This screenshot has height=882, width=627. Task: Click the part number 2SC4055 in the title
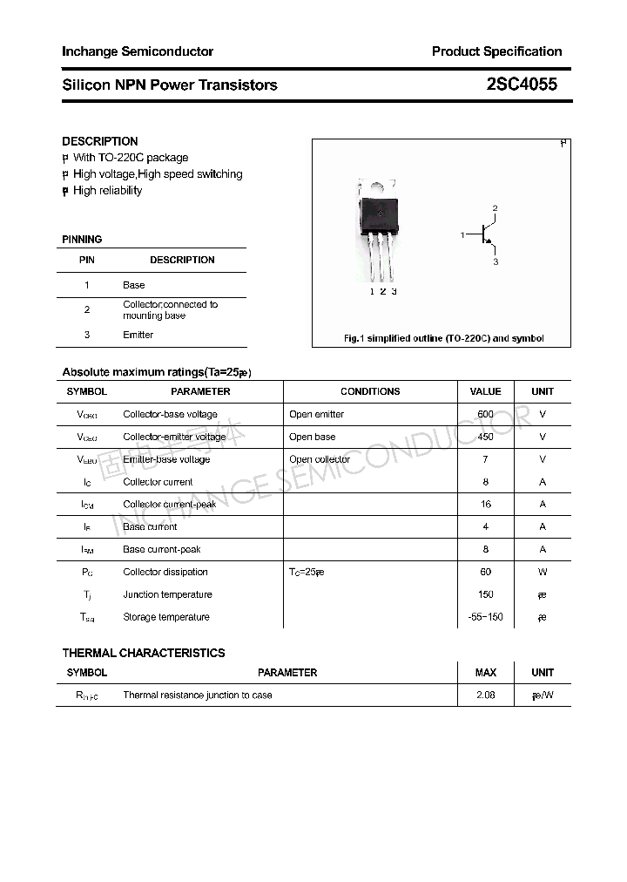(x=522, y=85)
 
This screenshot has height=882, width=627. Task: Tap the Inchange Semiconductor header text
(x=138, y=51)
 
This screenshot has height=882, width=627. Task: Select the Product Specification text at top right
(x=496, y=51)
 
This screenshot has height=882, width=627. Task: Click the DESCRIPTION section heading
(x=100, y=141)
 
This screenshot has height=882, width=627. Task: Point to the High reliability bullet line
(x=107, y=191)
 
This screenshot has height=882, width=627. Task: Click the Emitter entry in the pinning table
(x=138, y=335)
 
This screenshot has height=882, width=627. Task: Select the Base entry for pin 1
(x=134, y=285)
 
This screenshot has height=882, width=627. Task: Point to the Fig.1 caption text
(x=443, y=338)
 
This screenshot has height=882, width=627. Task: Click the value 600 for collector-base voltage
(x=485, y=414)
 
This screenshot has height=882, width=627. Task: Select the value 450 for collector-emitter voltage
(x=485, y=437)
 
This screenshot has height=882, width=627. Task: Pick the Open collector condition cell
(x=320, y=459)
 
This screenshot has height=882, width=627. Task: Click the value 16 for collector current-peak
(x=485, y=504)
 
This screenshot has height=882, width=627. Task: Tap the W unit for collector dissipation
(x=543, y=572)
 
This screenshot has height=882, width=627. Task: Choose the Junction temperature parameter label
(x=167, y=594)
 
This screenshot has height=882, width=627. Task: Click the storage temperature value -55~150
(x=485, y=617)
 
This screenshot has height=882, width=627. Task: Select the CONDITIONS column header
(x=370, y=392)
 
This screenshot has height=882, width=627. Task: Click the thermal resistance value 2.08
(x=485, y=695)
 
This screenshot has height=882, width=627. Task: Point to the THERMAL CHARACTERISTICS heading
(x=144, y=653)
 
